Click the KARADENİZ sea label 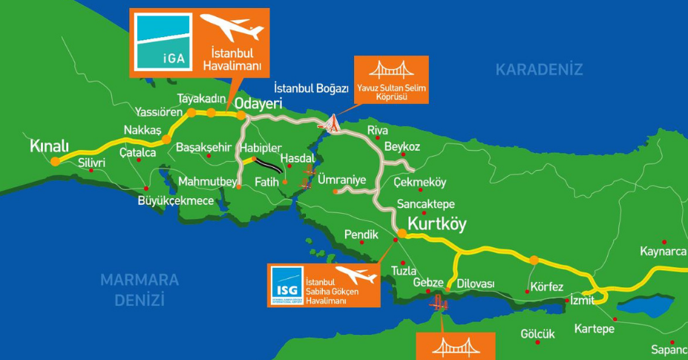[x=539, y=70]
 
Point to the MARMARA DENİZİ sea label [x=140, y=289]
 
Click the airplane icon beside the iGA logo [x=232, y=30]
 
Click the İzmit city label [x=582, y=301]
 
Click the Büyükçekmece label [x=176, y=200]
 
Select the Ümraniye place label [x=341, y=179]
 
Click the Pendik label [x=361, y=235]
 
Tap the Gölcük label [x=537, y=334]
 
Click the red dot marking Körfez [x=527, y=291]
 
